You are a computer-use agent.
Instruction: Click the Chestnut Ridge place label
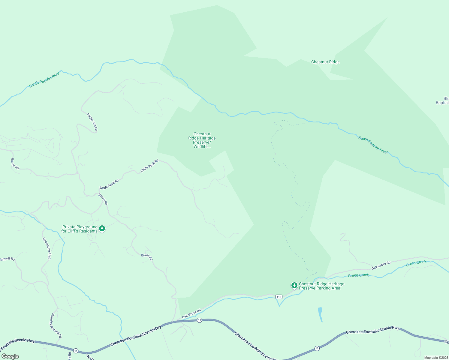coord(325,62)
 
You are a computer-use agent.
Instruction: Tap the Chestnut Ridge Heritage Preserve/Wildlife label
coord(202,140)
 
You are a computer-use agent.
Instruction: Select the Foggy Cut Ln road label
coord(92,122)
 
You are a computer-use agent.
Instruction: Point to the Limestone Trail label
coord(47,248)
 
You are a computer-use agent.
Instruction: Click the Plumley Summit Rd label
coord(56,325)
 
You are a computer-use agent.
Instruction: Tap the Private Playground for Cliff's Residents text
coord(80,229)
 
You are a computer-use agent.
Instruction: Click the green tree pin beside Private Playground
coord(102,229)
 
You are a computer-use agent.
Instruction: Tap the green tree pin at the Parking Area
coord(294,285)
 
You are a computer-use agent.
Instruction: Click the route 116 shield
coord(279,297)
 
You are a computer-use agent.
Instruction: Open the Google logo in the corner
coord(10,356)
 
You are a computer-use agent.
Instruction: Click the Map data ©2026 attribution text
coord(436,358)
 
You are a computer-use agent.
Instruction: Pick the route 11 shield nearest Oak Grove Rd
coord(199,320)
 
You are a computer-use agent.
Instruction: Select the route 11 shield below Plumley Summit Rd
coord(76,351)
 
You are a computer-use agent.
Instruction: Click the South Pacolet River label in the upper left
coord(44,79)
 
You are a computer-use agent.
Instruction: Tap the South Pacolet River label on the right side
coord(373,145)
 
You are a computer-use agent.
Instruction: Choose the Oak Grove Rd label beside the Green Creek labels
coord(381,265)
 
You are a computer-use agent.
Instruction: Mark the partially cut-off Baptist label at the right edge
coord(442,101)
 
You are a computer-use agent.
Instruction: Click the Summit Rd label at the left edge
coord(7,259)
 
